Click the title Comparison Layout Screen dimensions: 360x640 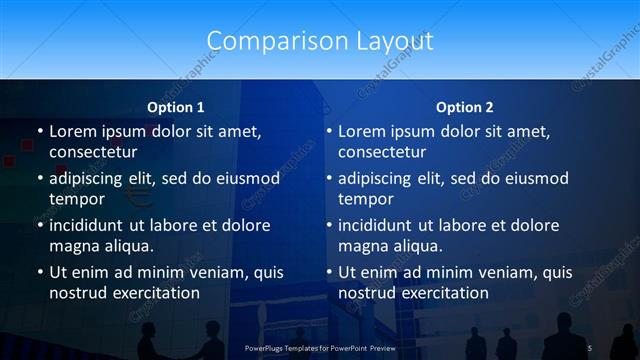(320, 41)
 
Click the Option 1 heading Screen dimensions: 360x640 (176, 107)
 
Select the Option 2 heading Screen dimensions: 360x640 (464, 107)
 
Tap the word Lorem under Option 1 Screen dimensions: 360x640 (73, 131)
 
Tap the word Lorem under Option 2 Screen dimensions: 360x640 (362, 131)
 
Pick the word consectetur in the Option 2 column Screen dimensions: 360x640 (382, 152)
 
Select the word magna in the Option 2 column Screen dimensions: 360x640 (361, 246)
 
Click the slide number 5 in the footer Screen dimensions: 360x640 (591, 347)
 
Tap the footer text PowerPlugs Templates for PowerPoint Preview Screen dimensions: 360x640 (320, 347)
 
